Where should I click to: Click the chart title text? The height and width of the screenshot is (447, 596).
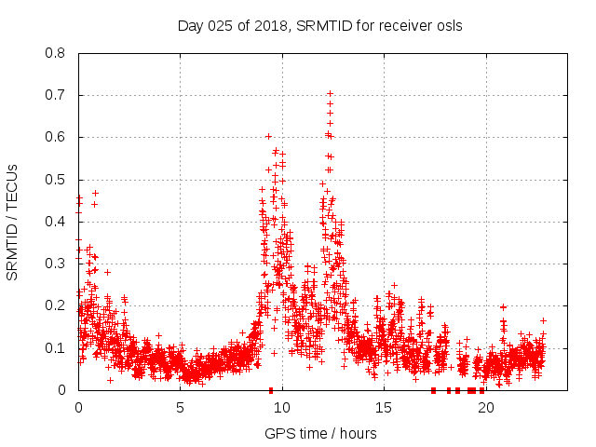[319, 25]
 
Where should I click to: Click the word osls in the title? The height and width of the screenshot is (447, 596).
[447, 25]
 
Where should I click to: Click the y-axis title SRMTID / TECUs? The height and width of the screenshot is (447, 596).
[13, 222]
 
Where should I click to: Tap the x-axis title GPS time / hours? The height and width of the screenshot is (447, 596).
[319, 433]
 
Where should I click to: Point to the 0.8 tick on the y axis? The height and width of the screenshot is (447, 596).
[56, 53]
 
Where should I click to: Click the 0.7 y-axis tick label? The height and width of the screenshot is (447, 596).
[56, 95]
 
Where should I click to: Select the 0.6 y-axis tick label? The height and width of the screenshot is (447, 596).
[56, 137]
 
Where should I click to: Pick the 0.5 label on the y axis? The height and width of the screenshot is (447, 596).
[56, 180]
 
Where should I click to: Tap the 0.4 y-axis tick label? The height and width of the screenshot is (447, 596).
[56, 222]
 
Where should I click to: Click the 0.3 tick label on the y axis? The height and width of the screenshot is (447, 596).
[56, 264]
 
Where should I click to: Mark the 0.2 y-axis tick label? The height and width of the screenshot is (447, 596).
[56, 305]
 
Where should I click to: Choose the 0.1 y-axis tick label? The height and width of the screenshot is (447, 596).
[56, 348]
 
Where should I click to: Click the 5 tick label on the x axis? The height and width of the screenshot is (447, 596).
[180, 407]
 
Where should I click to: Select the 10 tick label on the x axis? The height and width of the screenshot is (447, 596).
[282, 407]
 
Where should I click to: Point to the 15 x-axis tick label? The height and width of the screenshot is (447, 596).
[384, 407]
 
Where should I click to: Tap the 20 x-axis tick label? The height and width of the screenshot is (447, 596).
[485, 407]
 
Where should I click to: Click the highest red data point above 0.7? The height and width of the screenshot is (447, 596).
[330, 93]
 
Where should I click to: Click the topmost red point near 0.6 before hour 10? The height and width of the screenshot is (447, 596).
[268, 136]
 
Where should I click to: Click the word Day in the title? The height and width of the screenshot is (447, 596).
[190, 25]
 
